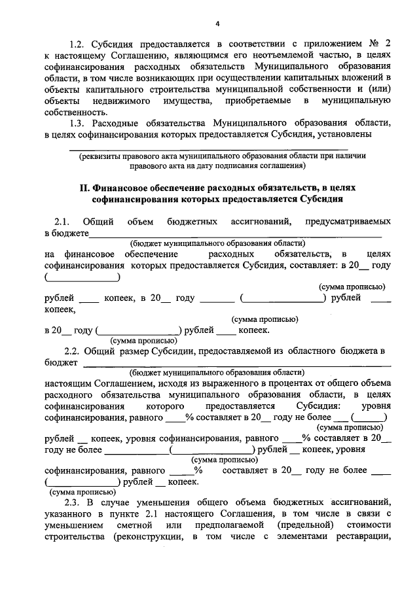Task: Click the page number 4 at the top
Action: click(x=217, y=24)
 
